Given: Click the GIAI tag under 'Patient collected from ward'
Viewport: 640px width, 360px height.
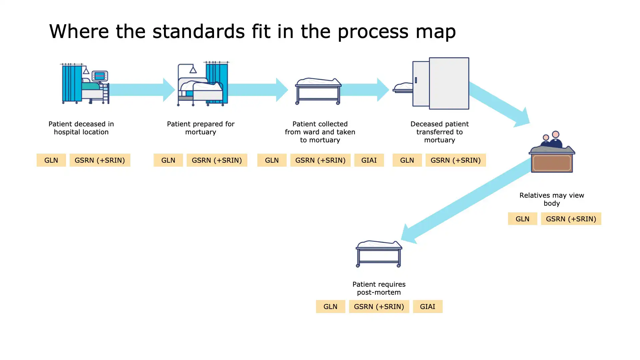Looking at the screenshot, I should [369, 160].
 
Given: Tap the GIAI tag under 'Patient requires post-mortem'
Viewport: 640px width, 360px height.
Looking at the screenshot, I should [427, 306].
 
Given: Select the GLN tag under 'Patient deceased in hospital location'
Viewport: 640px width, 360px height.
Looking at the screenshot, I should [51, 160].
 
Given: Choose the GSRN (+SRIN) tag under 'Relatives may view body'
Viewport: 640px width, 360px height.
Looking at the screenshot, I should [571, 219].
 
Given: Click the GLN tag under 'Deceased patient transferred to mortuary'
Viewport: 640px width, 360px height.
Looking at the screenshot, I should [407, 160].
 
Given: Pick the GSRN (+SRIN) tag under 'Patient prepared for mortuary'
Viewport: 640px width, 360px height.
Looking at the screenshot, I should [217, 160].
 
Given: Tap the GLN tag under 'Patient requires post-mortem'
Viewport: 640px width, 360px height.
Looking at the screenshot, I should [330, 306].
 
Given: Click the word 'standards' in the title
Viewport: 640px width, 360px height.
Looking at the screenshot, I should [198, 31].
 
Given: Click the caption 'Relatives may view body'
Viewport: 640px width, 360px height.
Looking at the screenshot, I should [552, 199].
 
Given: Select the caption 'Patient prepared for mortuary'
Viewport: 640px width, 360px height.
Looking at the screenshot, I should [201, 128].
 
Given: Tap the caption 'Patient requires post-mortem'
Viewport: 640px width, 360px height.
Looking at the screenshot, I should [379, 288].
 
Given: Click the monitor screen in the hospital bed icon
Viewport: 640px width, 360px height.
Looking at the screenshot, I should [99, 76].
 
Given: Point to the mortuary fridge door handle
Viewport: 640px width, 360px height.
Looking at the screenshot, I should [416, 80].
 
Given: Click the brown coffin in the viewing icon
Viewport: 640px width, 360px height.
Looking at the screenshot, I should [552, 163].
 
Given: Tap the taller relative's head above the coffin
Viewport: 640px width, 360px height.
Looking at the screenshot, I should [556, 134].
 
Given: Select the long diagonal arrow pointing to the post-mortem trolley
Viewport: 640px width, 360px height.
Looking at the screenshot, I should [467, 200].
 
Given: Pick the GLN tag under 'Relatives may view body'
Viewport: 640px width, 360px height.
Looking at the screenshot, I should [522, 219].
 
